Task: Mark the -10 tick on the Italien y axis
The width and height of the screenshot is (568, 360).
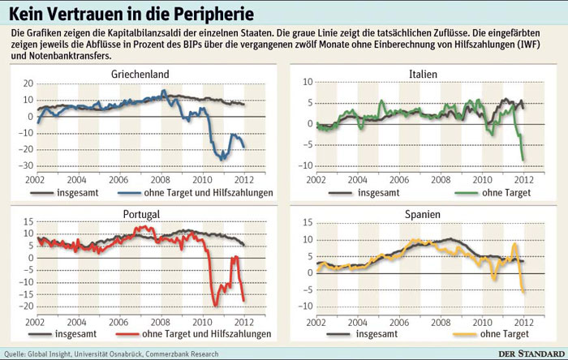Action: tap(308, 165)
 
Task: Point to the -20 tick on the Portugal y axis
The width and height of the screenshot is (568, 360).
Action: tap(28, 306)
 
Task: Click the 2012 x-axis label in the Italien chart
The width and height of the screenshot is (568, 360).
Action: tap(523, 179)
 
